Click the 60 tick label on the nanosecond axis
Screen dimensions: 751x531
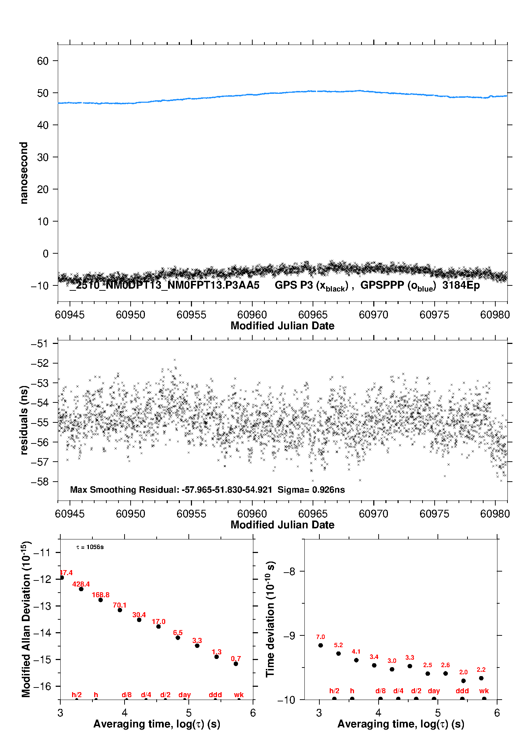[42, 61]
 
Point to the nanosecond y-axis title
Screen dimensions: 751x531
[24, 173]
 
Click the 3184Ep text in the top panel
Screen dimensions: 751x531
[461, 285]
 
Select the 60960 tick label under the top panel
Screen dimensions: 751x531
[252, 315]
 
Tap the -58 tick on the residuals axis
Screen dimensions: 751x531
[39, 482]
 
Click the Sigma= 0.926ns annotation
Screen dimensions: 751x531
[311, 490]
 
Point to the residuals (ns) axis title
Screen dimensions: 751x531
[24, 420]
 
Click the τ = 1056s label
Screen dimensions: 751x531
[90, 547]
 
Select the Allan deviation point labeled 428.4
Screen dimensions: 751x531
[81, 589]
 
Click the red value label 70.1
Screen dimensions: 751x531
[120, 605]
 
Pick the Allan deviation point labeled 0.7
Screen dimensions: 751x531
[236, 664]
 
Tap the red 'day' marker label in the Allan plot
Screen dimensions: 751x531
[184, 695]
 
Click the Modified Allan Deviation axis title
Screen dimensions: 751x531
[26, 619]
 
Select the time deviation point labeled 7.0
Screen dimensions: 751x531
[320, 645]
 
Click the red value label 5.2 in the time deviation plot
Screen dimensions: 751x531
[338, 645]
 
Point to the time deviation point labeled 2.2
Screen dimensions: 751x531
[481, 678]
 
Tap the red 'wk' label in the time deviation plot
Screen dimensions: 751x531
[484, 691]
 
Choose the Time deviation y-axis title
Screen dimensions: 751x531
[270, 619]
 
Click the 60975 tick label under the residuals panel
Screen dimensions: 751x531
[434, 514]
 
